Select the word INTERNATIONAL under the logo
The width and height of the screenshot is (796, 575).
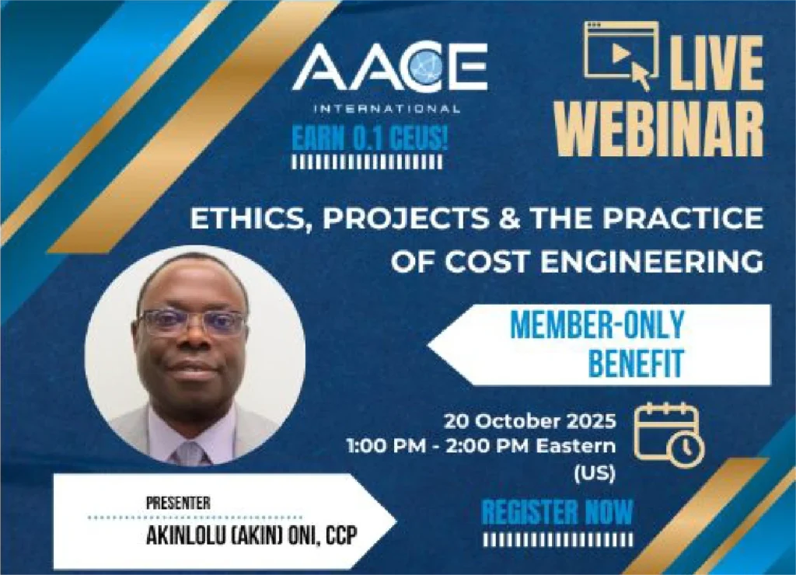click(x=387, y=109)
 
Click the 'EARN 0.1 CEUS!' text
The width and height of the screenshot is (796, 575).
click(x=369, y=138)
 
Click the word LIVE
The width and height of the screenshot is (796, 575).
click(x=715, y=64)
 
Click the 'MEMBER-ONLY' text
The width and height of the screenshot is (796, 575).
click(x=596, y=324)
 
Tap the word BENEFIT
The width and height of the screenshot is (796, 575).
click(x=636, y=362)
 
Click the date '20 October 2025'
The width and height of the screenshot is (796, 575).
click(x=530, y=421)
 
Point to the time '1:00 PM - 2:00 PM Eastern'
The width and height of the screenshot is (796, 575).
click(x=481, y=446)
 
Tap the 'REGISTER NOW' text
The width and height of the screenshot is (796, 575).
click(x=557, y=512)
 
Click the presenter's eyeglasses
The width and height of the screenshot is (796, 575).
click(x=191, y=322)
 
